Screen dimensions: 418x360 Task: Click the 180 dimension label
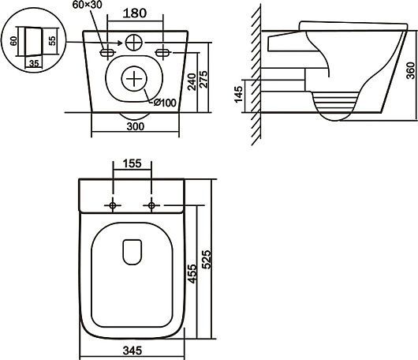[x=135, y=13]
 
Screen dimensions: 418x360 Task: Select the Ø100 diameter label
[x=165, y=103]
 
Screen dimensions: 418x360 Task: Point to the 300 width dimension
[x=136, y=126]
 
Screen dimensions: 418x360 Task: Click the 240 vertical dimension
[x=192, y=82]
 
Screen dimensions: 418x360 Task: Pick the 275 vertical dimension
[x=203, y=79]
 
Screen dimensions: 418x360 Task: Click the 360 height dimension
[x=411, y=70]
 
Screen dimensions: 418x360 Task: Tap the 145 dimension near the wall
[x=238, y=94]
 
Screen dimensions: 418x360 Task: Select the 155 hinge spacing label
[x=132, y=163]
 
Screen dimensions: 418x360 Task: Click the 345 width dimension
[x=132, y=351]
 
